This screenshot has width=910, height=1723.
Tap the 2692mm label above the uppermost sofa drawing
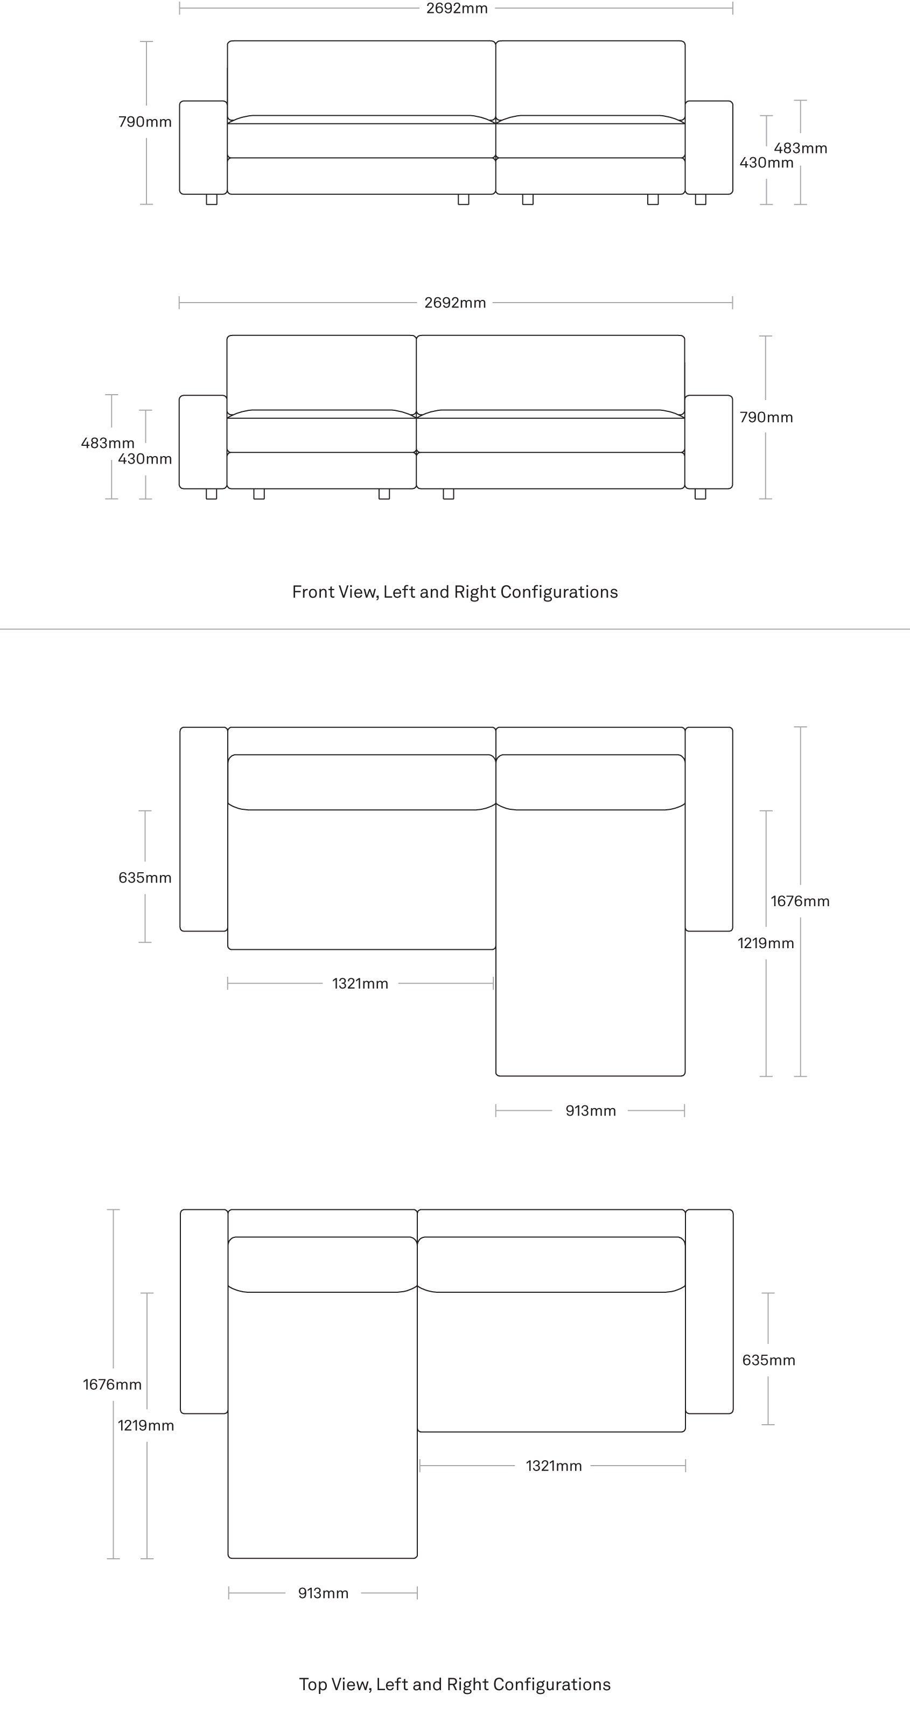457,9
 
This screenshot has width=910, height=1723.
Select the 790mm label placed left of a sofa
145,122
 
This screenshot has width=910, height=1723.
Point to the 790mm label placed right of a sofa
766,417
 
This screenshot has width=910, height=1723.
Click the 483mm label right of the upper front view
801,149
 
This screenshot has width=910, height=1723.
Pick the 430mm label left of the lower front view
145,459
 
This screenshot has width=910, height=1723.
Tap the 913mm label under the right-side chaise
591,1111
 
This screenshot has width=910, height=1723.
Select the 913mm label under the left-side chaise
323,1593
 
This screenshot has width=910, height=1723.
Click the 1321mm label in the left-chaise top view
554,1466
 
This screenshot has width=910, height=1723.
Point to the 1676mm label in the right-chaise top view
800,901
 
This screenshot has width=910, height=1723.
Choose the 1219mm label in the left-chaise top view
146,1425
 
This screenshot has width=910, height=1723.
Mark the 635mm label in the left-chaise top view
769,1360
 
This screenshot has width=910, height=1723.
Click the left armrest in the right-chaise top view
204,829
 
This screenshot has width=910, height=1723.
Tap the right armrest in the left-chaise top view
709,1311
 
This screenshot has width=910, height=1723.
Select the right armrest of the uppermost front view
709,148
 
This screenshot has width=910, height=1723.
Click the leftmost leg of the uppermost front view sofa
212,199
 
